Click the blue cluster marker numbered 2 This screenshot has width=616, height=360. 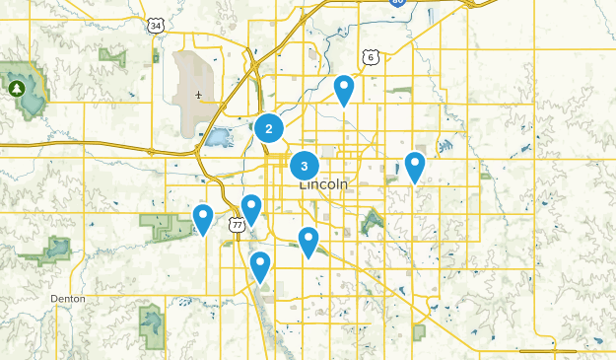click(269, 127)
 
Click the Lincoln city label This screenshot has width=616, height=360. click(322, 184)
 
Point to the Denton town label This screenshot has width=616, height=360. click(68, 298)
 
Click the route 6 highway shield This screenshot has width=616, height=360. click(371, 57)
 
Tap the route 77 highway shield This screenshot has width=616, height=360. click(237, 226)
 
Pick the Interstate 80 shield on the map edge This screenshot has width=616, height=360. click(397, 3)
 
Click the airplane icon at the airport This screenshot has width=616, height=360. click(198, 96)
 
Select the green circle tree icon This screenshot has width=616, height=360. click(17, 89)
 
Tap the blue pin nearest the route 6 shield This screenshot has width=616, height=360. click(344, 90)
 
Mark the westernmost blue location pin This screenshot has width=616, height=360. click(203, 218)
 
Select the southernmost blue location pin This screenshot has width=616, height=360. click(260, 265)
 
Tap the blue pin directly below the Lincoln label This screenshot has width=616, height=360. click(308, 241)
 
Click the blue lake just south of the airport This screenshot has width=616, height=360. click(219, 136)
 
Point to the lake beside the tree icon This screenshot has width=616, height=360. click(32, 95)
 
